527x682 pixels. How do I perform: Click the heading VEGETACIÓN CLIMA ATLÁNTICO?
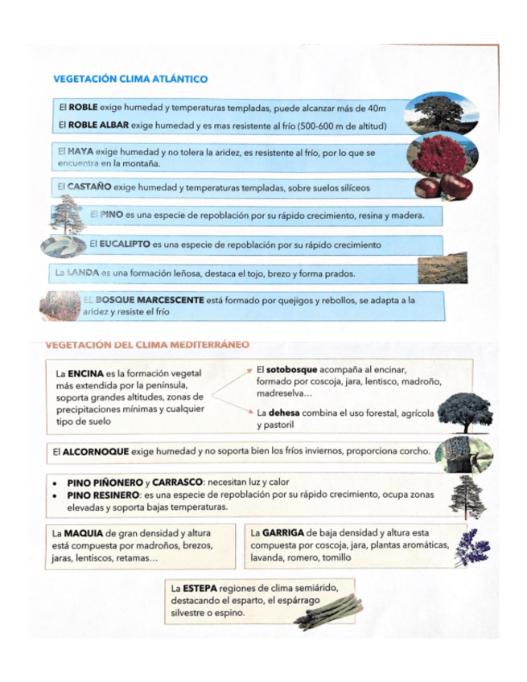point(130,79)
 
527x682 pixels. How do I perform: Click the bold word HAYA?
point(80,151)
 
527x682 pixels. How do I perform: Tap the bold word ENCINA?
point(84,374)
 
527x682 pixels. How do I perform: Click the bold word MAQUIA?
point(83,532)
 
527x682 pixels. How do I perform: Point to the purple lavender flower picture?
point(472,549)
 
